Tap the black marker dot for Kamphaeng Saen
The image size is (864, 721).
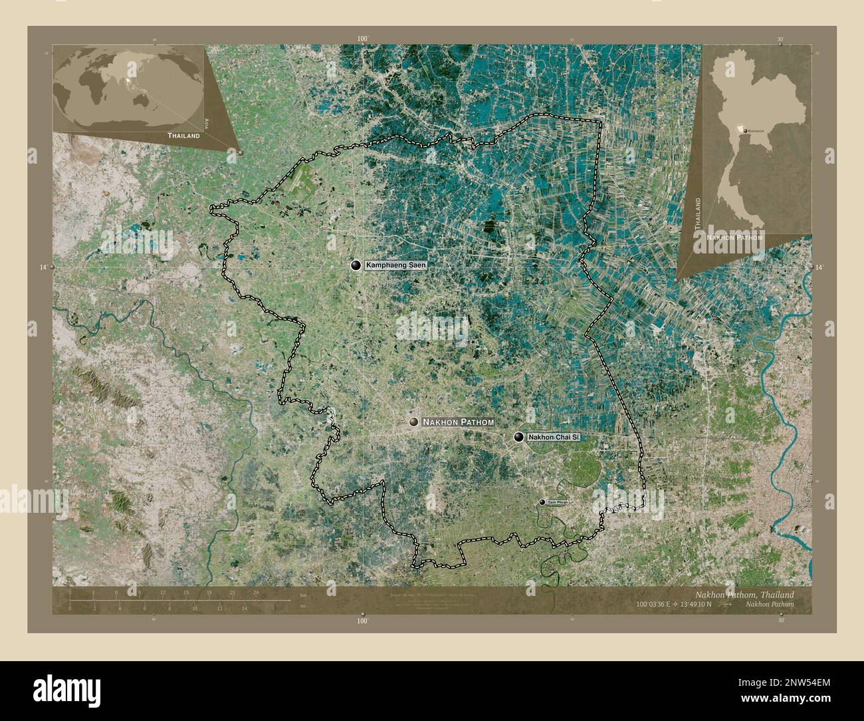click(357, 265)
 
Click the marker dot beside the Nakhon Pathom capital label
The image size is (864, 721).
click(414, 422)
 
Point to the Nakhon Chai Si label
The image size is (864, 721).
click(554, 437)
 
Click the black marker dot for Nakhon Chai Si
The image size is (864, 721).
click(518, 437)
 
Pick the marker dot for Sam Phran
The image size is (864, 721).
click(542, 502)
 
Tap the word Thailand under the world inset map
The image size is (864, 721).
click(183, 135)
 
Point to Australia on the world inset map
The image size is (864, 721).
click(142, 99)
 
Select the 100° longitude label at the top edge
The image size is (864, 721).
click(362, 39)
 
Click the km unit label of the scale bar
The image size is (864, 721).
click(303, 594)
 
